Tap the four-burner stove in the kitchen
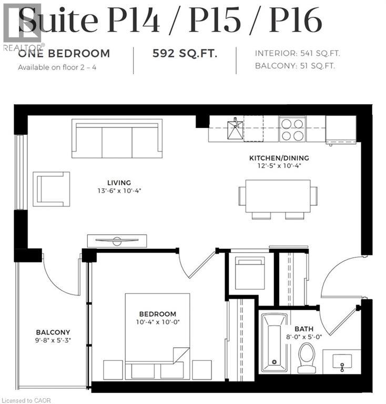coord(292,129)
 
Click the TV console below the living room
coord(117,241)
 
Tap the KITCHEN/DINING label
coord(278,158)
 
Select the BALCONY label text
coord(53,332)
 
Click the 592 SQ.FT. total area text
coord(184,53)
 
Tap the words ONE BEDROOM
coord(64,53)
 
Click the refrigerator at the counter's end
coord(341,129)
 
